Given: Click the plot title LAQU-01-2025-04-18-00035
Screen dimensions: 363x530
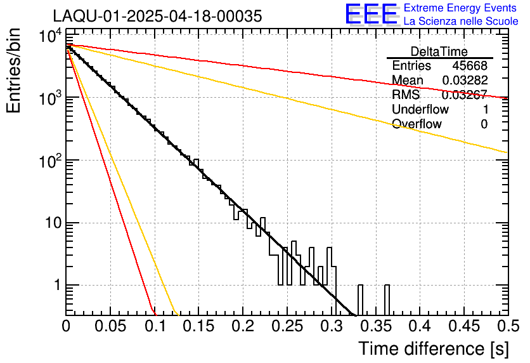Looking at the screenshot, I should pos(157,16).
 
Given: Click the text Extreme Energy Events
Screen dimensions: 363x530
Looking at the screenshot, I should pos(461,8).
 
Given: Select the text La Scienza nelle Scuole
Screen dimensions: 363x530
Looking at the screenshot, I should pos(461,22).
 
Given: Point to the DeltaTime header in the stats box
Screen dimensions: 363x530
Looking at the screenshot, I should pos(439,51).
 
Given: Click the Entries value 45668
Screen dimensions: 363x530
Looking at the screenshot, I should pos(470,66).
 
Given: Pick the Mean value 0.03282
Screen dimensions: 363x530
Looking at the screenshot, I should pos(464,81).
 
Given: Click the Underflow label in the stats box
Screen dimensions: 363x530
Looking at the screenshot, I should pos(420,110).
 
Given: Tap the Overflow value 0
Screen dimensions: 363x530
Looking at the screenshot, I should pos(484,124).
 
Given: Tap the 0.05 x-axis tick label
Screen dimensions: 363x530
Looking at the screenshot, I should pos(110,327).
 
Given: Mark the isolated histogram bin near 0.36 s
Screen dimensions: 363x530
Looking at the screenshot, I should pos(387,298).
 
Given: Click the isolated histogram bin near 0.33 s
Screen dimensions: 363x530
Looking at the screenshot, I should pos(360,298).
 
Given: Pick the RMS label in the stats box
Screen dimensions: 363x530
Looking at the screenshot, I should pos(406,95).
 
